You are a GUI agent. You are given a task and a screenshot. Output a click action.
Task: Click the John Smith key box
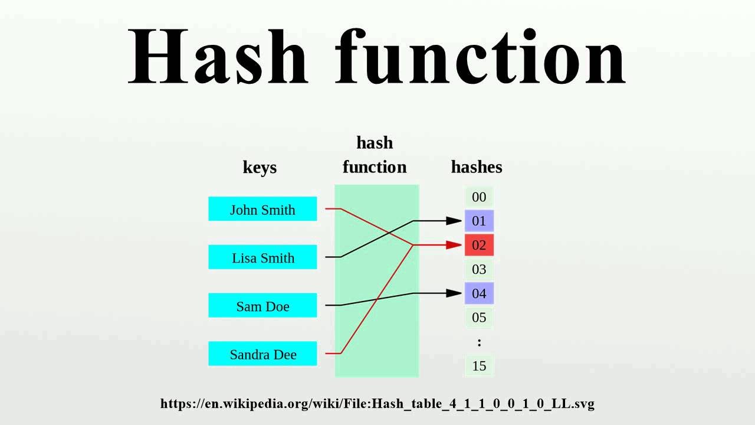pyautogui.click(x=262, y=210)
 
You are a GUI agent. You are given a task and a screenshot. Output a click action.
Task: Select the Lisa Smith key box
pyautogui.click(x=262, y=258)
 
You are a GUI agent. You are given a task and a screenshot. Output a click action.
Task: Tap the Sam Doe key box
pyautogui.click(x=262, y=306)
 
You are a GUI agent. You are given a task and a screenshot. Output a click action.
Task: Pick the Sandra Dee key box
pyautogui.click(x=262, y=354)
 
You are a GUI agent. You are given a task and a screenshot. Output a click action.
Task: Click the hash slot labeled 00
pyautogui.click(x=479, y=197)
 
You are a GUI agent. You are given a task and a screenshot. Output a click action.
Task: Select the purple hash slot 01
pyautogui.click(x=479, y=221)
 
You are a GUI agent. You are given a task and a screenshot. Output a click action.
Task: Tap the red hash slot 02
pyautogui.click(x=479, y=245)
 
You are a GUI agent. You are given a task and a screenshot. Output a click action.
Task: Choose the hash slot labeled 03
pyautogui.click(x=479, y=270)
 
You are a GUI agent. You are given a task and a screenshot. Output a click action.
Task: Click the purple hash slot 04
pyautogui.click(x=479, y=293)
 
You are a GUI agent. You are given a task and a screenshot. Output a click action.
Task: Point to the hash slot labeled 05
pyautogui.click(x=479, y=318)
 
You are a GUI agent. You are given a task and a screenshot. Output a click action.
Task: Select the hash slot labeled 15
pyautogui.click(x=479, y=366)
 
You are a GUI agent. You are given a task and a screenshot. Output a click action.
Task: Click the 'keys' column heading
pyautogui.click(x=260, y=168)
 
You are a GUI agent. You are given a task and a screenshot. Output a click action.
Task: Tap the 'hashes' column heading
pyautogui.click(x=477, y=168)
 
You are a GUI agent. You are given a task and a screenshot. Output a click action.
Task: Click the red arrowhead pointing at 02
pyautogui.click(x=454, y=245)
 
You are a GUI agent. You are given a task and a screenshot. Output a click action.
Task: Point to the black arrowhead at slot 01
pyautogui.click(x=454, y=221)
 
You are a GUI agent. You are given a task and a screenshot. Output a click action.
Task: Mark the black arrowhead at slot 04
pyautogui.click(x=454, y=293)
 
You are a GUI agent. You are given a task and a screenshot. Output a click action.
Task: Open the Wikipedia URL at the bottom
pyautogui.click(x=377, y=404)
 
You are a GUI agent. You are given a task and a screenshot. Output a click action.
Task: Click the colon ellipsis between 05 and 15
pyautogui.click(x=479, y=342)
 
